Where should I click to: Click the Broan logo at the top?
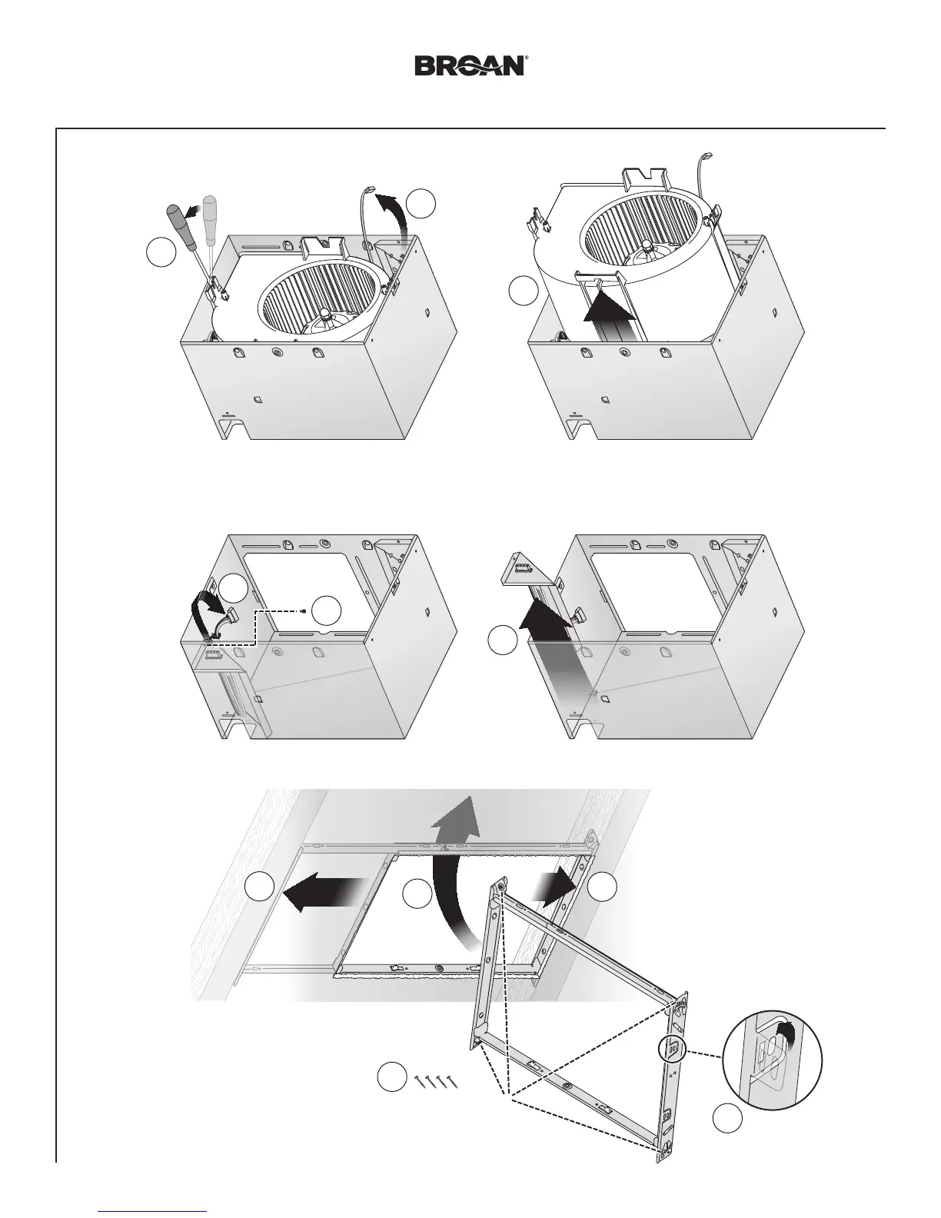click(470, 65)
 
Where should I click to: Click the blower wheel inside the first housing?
click(320, 288)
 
